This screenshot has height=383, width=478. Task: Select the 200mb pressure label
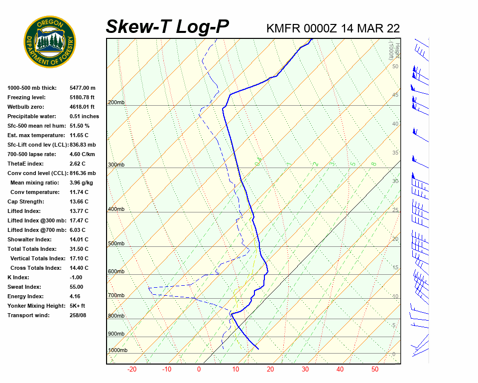tap(116, 103)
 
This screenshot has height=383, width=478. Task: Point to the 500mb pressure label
tap(116, 244)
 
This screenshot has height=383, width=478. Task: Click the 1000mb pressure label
tap(118, 351)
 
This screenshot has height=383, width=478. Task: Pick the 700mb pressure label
tap(116, 296)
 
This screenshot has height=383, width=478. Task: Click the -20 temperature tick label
tap(132, 370)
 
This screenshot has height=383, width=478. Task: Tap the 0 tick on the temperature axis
tap(199, 370)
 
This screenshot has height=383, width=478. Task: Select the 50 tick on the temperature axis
tap(375, 370)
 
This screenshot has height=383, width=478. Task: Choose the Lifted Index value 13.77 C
tap(79, 211)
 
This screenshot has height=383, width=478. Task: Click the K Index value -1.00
tap(76, 278)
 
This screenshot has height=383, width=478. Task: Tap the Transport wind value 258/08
tap(78, 316)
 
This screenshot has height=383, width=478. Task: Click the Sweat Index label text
tap(24, 287)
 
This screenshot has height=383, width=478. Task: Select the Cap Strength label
tap(25, 202)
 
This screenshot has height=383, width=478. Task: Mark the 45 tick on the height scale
tap(395, 95)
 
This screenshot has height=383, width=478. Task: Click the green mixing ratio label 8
tap(373, 164)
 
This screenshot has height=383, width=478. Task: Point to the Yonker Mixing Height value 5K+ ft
tap(78, 306)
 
